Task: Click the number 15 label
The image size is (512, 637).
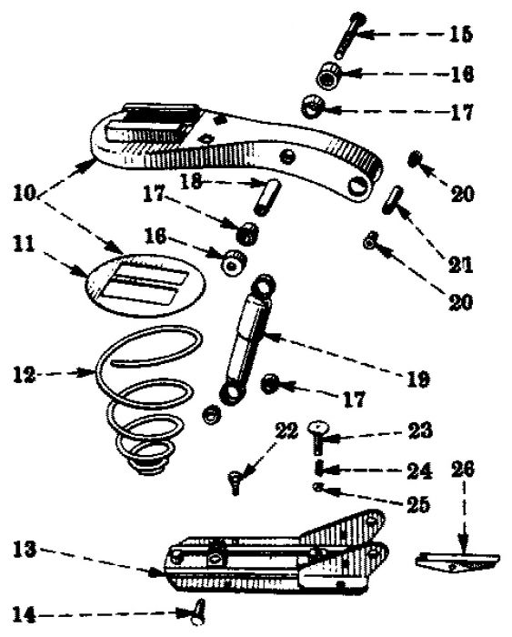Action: coord(461,35)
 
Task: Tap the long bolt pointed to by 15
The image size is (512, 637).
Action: coord(349,35)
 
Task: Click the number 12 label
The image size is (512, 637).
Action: coord(24,374)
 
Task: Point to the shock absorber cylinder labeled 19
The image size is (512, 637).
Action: coord(246,339)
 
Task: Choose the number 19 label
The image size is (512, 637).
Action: coord(417,379)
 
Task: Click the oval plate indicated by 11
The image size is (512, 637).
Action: coord(145,286)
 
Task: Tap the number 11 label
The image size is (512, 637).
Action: coord(25,245)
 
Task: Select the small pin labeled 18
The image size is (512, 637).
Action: coord(266,197)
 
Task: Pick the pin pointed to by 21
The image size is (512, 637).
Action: coord(392,199)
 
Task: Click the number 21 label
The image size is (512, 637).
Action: coord(460,265)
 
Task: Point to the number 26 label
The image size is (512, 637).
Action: coord(463,469)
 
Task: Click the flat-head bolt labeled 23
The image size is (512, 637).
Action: coord(318,438)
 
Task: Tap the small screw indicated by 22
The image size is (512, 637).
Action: coord(235,482)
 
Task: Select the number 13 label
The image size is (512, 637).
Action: coord(25,550)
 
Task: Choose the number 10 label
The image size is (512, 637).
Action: coord(25,192)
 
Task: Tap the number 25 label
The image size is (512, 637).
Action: coord(417,504)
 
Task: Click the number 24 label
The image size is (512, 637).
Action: coord(419,470)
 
